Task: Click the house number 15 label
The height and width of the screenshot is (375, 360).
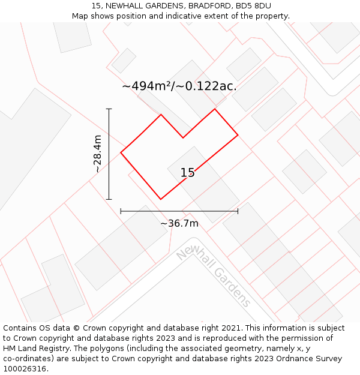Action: point(187,173)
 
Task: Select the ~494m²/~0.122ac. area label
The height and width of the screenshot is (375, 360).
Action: point(179,86)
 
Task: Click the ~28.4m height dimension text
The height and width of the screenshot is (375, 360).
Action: point(97,154)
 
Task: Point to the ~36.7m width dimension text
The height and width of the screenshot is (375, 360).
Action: point(179,223)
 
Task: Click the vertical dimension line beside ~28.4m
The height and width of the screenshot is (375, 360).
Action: point(109,154)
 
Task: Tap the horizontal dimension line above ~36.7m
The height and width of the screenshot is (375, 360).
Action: point(179,211)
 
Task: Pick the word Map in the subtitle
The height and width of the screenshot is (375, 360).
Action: point(80,16)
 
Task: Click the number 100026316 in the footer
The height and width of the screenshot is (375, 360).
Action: point(24,369)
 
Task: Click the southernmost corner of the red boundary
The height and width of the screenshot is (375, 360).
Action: point(160,199)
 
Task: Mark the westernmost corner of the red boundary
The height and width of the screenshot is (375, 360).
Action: point(121,152)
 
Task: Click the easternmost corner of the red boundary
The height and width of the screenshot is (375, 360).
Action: point(238,135)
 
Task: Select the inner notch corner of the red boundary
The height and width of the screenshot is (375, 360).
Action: point(183,138)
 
